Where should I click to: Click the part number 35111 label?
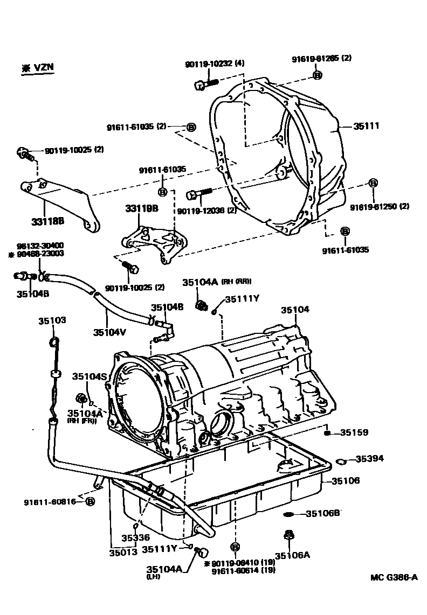point(367,126)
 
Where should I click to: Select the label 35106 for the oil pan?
point(345,480)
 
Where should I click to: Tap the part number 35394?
point(369,459)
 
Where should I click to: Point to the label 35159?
point(354,432)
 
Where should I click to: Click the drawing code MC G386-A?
point(394,577)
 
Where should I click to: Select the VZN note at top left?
point(38,68)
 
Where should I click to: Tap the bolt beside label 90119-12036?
point(198,193)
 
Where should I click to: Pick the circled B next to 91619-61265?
point(318,75)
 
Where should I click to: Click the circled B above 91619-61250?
point(373,184)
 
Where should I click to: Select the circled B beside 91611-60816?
point(90,502)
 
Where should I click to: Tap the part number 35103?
point(52,320)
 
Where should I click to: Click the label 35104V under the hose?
point(109,332)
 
